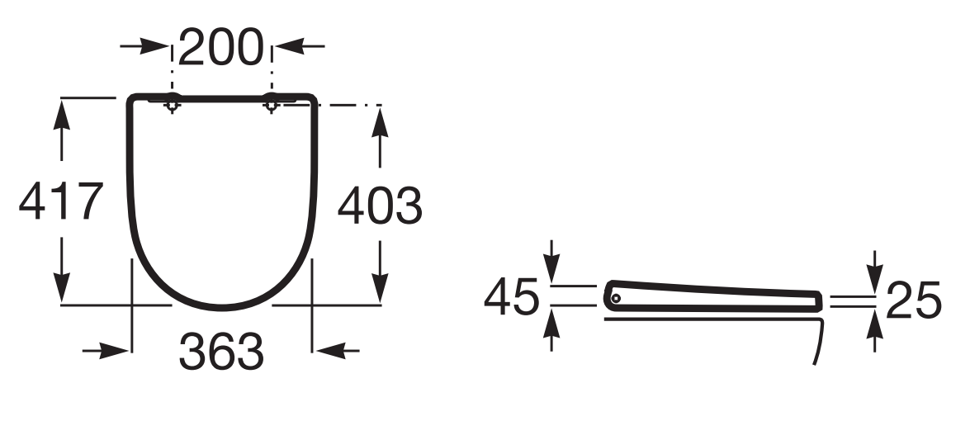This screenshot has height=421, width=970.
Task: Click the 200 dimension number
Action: (221, 48)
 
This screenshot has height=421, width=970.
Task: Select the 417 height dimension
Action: (60, 201)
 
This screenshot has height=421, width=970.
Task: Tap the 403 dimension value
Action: (379, 206)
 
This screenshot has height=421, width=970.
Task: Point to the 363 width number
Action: (221, 351)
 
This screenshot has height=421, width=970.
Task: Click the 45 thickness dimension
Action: (511, 296)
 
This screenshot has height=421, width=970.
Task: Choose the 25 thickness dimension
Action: (914, 300)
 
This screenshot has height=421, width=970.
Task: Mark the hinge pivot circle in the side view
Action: (615, 298)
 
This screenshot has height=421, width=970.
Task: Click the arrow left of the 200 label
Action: (144, 45)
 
